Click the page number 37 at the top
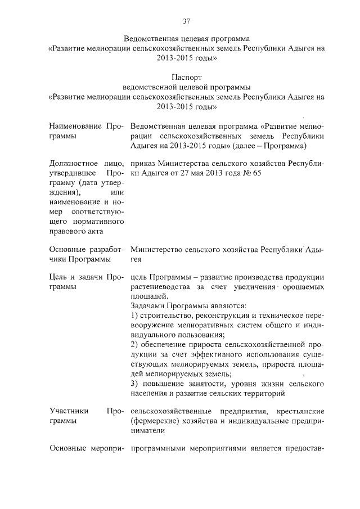(x=187, y=21)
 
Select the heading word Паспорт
(x=187, y=76)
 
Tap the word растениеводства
(x=164, y=286)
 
